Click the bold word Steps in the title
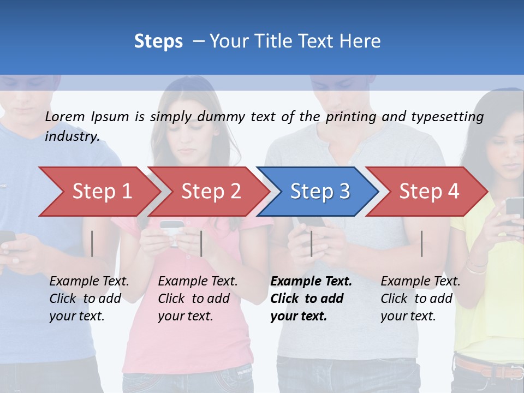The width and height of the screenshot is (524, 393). [158, 41]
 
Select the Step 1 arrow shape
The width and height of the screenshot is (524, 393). [98, 192]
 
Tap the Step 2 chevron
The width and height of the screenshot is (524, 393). [210, 192]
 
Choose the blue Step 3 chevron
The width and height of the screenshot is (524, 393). [319, 192]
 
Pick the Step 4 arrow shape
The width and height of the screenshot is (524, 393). [428, 192]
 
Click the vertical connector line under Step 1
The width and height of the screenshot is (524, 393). [92, 243]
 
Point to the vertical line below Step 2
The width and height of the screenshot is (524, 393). [201, 243]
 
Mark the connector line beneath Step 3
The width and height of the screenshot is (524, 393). [311, 243]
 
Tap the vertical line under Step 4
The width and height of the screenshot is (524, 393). [421, 243]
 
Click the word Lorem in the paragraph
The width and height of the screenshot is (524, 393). [65, 116]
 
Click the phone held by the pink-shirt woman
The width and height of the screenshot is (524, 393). [171, 226]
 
